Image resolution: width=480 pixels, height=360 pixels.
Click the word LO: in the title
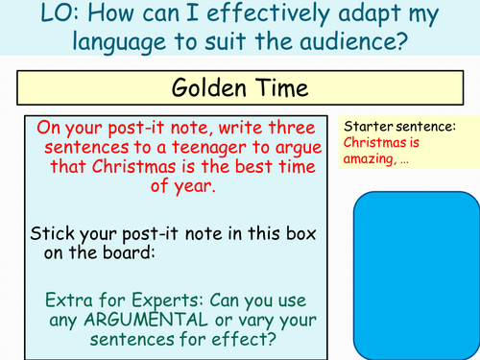click(30, 16)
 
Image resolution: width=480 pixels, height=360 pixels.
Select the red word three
click(279, 130)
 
